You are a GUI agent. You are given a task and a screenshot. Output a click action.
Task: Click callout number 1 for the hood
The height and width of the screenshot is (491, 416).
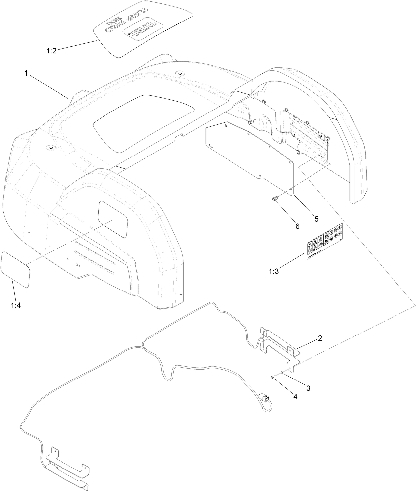point(26,73)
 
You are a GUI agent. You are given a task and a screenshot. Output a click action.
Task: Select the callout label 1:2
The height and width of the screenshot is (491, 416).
point(51,51)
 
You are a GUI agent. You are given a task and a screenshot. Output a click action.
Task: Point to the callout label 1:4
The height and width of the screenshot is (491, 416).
point(16,305)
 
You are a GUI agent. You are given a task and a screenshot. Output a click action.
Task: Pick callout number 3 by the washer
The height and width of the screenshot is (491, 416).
point(308,388)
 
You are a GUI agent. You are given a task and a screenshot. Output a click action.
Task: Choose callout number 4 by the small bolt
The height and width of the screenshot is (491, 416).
point(295,396)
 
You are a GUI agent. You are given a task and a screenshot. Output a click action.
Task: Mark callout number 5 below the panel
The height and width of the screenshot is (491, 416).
point(316,219)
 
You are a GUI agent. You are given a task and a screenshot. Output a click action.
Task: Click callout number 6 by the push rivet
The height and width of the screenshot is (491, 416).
point(297,226)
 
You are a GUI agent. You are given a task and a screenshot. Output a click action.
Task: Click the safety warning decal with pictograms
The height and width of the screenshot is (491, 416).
point(324,242)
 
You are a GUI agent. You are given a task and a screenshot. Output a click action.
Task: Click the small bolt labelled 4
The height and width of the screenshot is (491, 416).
point(272,377)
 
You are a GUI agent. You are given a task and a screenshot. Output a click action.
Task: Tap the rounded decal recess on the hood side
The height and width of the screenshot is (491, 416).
point(112,219)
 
